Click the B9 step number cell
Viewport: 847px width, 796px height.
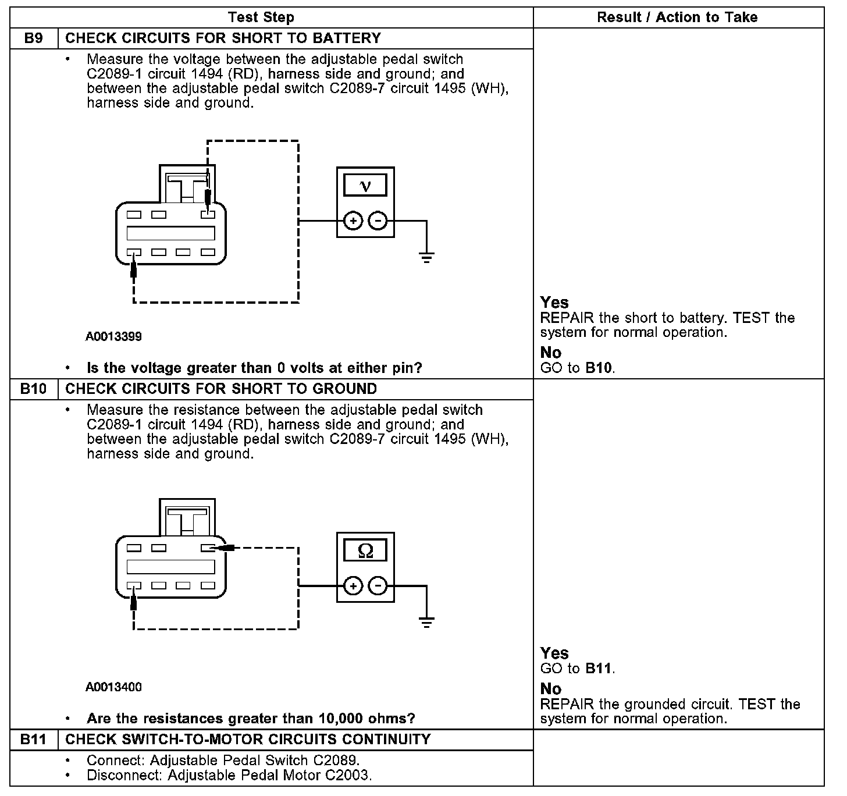pos(34,38)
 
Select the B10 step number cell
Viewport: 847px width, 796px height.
pos(34,389)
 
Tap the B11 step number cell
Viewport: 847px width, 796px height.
pos(34,740)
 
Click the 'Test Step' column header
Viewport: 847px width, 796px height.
pos(261,17)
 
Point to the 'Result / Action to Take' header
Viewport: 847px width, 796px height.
pos(677,17)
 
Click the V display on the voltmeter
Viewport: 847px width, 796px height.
pos(365,186)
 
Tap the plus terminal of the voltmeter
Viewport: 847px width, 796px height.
pos(353,221)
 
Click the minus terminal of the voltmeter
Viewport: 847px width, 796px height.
pos(378,221)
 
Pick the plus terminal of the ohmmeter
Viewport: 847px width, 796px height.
pos(353,586)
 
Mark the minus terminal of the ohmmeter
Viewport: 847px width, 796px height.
pos(378,586)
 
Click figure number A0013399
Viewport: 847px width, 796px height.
pos(113,336)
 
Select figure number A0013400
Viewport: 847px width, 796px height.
pos(113,687)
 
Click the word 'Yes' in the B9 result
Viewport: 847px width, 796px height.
pos(554,303)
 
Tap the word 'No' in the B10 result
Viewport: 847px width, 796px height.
pos(550,689)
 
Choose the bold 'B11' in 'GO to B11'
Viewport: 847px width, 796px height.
pos(599,669)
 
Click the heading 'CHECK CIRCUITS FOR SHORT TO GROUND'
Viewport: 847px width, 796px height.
pos(221,389)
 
